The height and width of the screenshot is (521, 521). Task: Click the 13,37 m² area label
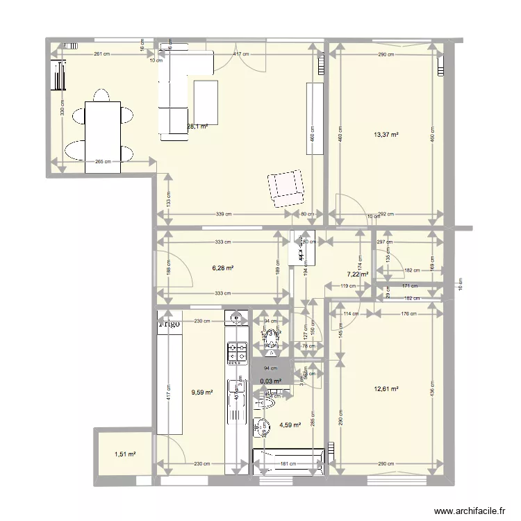pos(386,135)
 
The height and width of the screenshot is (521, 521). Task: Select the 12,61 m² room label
pos(386,389)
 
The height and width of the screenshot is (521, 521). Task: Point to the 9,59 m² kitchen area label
pos(201,392)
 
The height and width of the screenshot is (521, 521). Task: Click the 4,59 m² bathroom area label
pos(290,425)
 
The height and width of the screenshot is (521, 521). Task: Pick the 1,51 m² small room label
pos(125,455)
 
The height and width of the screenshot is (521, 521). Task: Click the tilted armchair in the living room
pos(286,186)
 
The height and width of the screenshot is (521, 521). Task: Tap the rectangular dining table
pos(103,137)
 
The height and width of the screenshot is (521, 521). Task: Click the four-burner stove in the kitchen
pos(236,353)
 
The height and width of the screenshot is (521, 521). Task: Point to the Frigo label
pos(169,323)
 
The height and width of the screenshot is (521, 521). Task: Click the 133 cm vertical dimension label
pos(169,199)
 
